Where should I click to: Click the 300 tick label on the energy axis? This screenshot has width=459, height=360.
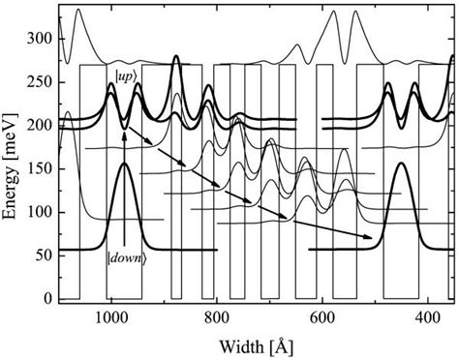41,40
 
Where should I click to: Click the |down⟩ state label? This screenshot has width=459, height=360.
125,282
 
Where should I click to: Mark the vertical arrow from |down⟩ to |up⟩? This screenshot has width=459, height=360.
125,194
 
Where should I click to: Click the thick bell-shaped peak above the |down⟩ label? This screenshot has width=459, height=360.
125,166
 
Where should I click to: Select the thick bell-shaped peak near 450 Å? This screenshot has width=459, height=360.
402,166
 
